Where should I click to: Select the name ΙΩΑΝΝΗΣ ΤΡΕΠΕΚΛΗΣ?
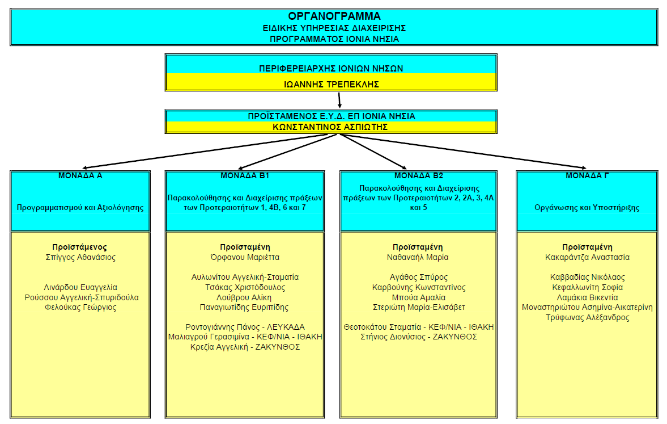tap(331, 85)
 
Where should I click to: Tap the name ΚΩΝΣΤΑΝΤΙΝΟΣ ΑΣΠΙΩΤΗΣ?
tap(331, 127)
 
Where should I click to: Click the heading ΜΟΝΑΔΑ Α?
tap(80, 176)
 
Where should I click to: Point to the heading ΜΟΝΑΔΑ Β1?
tap(244, 176)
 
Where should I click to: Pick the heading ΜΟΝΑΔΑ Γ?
tap(587, 176)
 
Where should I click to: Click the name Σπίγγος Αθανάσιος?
tap(80, 257)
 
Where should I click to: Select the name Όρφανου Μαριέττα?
tap(245, 257)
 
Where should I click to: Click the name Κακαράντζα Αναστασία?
tap(587, 257)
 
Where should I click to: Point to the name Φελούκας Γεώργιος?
tap(80, 307)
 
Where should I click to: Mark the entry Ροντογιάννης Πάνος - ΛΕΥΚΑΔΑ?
tap(245, 327)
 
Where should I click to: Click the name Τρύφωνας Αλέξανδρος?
tap(587, 317)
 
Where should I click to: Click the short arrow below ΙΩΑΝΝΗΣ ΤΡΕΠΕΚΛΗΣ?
tap(339, 100)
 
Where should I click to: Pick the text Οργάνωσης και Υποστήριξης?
tap(587, 208)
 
